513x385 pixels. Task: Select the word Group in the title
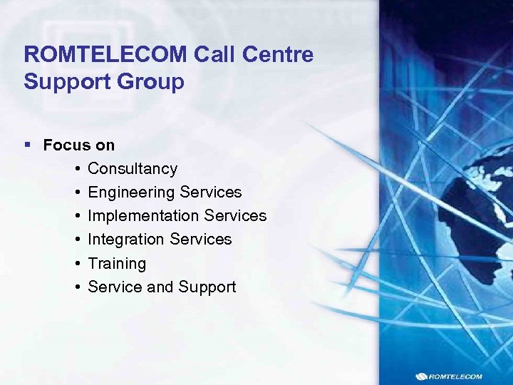[x=152, y=81]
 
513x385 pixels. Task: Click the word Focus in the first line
[x=66, y=145]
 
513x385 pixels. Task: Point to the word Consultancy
[x=133, y=169]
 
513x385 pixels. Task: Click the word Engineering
[x=132, y=192]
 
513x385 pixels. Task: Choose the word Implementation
[x=143, y=216]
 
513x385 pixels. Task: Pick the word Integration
[x=128, y=240]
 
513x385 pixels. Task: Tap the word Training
[x=117, y=263]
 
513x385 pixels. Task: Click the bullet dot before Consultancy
[x=76, y=169]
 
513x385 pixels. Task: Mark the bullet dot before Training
[x=76, y=263]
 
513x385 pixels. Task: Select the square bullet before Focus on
[x=28, y=145]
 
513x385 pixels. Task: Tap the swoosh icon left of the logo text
[x=421, y=376]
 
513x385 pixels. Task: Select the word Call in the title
[x=214, y=55]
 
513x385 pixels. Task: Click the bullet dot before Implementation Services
[x=76, y=216]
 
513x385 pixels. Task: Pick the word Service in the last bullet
[x=115, y=287]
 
